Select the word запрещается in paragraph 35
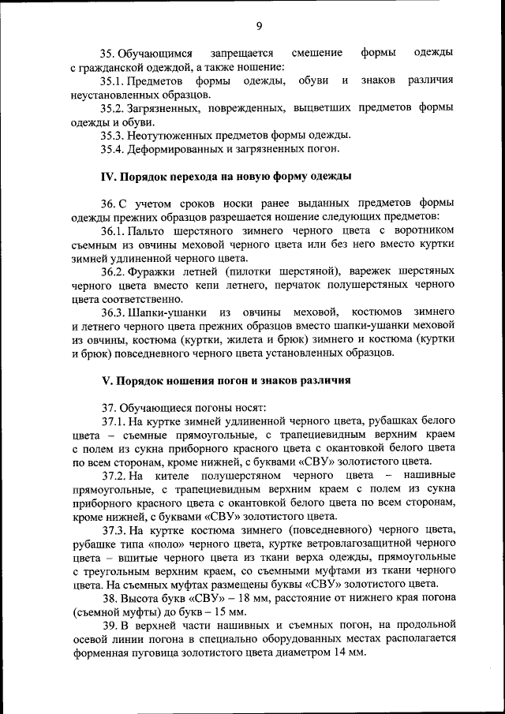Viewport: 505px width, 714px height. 241,53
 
